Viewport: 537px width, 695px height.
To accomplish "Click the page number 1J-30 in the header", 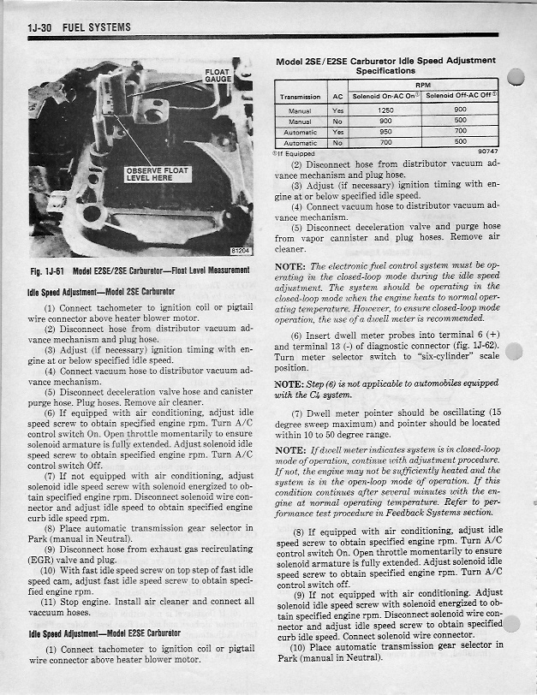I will pyautogui.click(x=40, y=27).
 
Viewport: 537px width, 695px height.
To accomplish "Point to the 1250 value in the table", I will pyautogui.click(x=385, y=110).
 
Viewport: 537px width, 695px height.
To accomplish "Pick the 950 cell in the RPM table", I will pyautogui.click(x=385, y=132).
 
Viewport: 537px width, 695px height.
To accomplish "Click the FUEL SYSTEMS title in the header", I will pyautogui.click(x=97, y=27).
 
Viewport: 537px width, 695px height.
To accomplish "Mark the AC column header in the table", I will pyautogui.click(x=338, y=97).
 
